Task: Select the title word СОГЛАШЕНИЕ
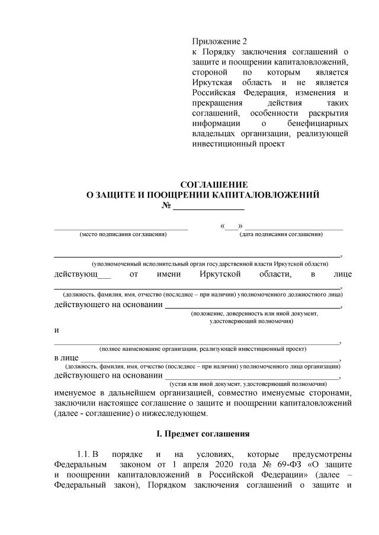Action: coord(214,185)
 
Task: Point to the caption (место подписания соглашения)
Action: coord(123,234)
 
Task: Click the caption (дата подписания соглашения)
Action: coord(281,234)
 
